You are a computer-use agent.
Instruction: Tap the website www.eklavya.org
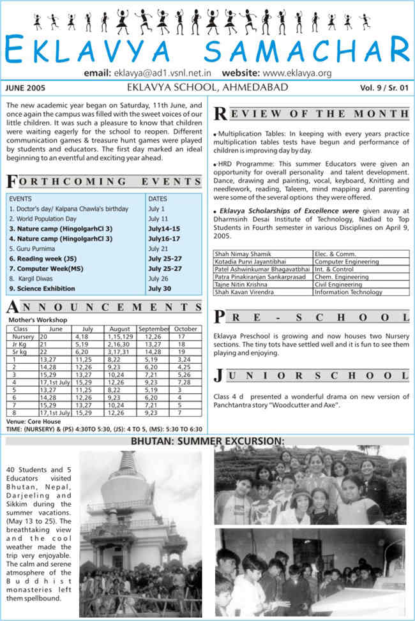click(295, 73)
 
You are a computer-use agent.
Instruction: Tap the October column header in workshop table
click(185, 329)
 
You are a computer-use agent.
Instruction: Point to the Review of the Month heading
click(312, 114)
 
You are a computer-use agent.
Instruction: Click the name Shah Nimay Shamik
click(243, 253)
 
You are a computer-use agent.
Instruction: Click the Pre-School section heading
click(312, 317)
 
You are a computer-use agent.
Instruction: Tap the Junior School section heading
click(312, 375)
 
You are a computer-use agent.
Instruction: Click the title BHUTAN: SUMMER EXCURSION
click(207, 440)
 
